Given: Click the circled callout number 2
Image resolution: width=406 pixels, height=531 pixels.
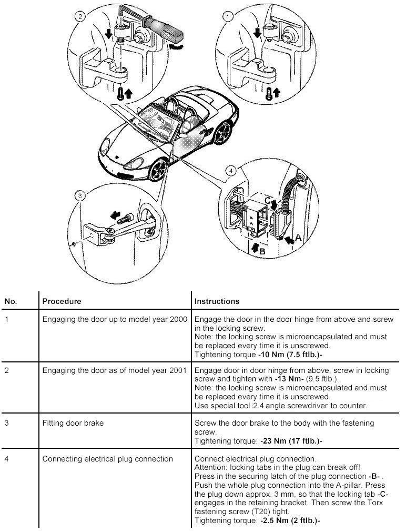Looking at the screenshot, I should point(80,17).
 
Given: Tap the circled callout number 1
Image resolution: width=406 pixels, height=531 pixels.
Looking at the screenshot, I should point(228,17).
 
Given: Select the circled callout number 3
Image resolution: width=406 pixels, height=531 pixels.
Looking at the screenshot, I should point(80,196).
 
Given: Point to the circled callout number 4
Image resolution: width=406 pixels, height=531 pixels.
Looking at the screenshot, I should point(229,171).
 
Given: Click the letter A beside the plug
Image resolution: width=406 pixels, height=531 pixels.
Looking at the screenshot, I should point(299,238).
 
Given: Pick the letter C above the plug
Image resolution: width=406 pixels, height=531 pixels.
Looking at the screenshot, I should point(268,200).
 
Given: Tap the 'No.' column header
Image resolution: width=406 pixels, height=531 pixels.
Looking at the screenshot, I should point(11,301).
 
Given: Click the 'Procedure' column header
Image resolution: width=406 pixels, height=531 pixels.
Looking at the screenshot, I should point(62,301).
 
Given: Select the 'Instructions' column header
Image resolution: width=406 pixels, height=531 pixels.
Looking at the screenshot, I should point(217,301).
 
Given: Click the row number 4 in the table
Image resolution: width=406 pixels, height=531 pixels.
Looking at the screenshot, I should point(7,459).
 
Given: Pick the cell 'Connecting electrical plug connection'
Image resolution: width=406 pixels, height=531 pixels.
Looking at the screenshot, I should point(107,459).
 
